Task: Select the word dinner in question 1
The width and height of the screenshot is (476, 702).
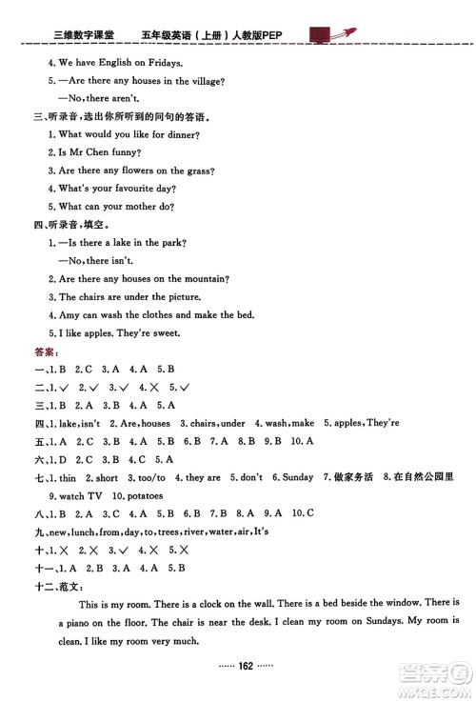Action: (x=183, y=134)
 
